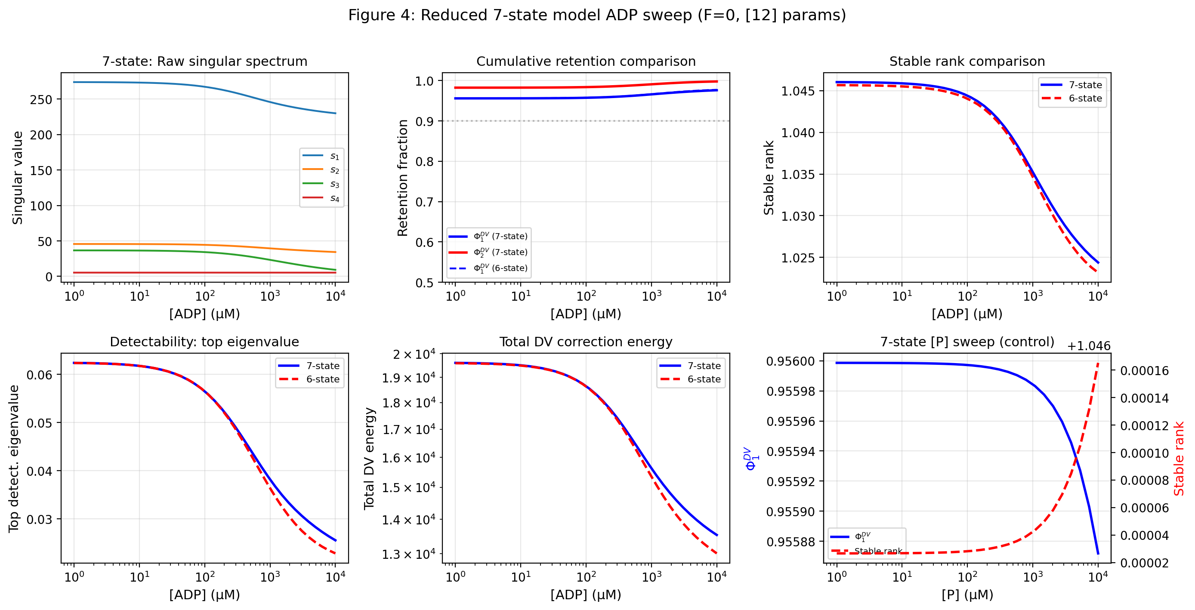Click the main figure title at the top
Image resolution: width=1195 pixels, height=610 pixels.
597,15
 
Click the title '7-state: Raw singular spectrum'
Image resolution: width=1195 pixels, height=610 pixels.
204,61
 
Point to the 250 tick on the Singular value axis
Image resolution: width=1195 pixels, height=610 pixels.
41,100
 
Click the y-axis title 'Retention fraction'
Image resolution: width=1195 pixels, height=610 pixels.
403,178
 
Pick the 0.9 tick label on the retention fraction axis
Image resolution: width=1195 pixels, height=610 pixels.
424,122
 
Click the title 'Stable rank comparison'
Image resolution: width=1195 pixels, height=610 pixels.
967,61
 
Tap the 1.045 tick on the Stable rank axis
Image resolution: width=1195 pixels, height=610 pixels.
797,91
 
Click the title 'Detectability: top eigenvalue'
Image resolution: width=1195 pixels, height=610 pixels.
204,342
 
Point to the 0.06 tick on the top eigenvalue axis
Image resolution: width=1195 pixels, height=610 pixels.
39,375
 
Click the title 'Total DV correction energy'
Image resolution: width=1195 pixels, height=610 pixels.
585,342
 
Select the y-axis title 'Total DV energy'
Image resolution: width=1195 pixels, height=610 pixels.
369,458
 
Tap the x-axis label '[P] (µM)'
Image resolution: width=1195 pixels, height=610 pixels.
967,594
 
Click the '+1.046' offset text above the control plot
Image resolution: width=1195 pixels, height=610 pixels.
1088,346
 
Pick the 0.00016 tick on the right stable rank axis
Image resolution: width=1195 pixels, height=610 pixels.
1144,371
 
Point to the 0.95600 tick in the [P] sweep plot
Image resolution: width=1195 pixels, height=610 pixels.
790,361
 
